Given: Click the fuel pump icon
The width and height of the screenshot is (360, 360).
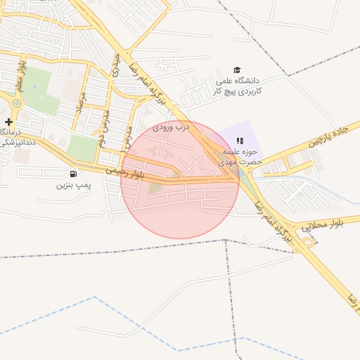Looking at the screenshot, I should (x=73, y=174).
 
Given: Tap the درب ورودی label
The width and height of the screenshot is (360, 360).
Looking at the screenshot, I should (x=172, y=127).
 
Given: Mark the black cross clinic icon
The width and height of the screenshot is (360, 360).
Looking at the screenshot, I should (x=8, y=122).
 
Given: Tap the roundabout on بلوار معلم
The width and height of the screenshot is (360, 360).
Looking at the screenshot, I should (x=16, y=103).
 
